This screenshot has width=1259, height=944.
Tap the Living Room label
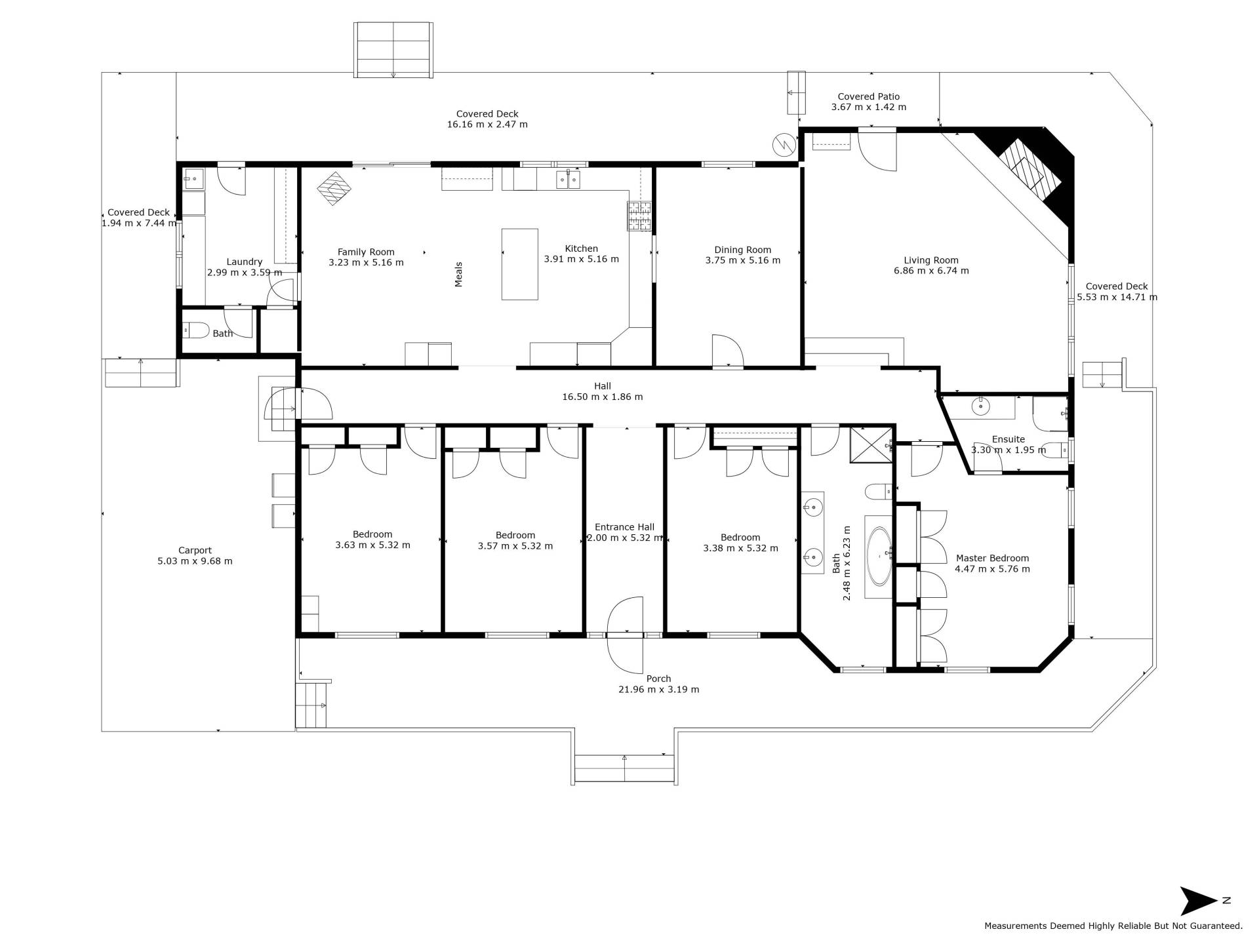pos(931,260)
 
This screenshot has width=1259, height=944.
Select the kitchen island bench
pos(520,264)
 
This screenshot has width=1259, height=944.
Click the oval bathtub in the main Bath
pos(878,557)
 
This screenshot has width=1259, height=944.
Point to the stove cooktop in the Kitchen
pos(640,216)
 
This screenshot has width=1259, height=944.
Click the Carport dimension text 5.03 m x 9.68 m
pos(195,561)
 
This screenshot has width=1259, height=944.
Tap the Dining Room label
pos(743,250)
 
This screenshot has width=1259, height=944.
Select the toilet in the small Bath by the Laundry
pos(195,330)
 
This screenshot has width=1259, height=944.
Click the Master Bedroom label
pos(992,559)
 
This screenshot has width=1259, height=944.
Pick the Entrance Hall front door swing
pos(625,635)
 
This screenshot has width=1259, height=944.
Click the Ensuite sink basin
pos(980,406)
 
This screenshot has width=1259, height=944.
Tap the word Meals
pos(459,275)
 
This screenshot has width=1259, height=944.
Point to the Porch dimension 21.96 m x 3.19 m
pos(659,690)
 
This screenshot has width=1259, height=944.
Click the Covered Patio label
pos(869,97)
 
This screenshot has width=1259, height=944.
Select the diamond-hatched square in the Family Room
pos(334,189)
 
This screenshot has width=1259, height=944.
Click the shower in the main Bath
pos(871,445)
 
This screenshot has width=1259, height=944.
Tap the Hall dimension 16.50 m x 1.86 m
pos(603,397)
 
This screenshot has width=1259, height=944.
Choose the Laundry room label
pos(245,262)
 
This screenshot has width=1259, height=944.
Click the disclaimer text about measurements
pos(1113,926)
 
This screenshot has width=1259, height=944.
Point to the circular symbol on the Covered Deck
pos(783,145)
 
